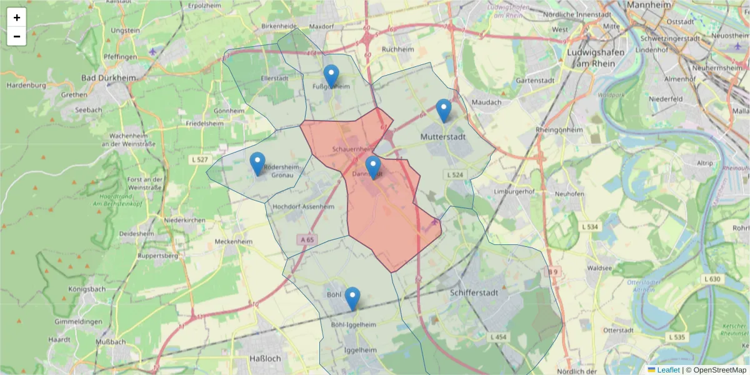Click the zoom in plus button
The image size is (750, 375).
click(x=17, y=17)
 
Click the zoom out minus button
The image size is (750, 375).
click(x=17, y=36)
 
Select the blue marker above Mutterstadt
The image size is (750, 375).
click(x=444, y=111)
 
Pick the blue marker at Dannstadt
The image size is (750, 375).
click(x=373, y=167)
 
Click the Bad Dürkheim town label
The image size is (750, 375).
click(x=109, y=78)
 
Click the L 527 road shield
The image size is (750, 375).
click(x=199, y=160)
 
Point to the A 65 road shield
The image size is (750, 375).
click(x=307, y=239)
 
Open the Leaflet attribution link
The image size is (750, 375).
click(x=667, y=370)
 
